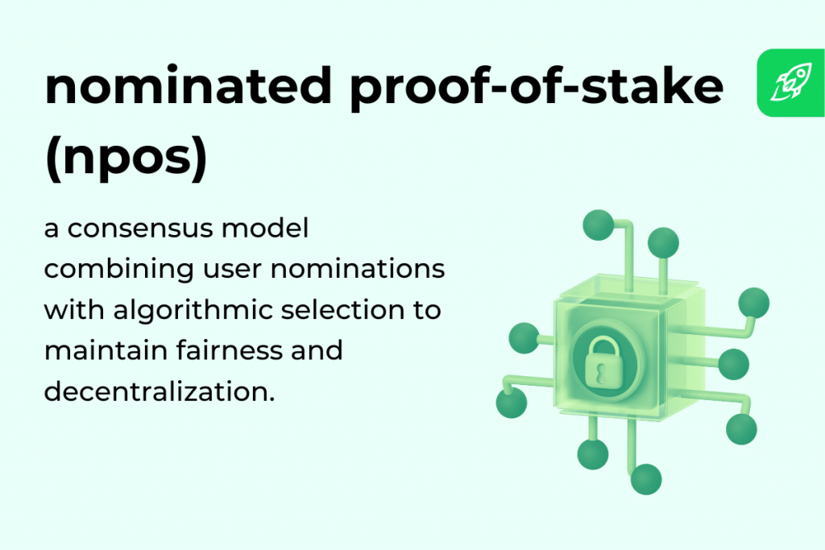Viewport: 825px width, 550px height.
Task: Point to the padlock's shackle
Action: pyautogui.click(x=603, y=341)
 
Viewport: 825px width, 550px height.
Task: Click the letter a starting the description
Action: pyautogui.click(x=52, y=230)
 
